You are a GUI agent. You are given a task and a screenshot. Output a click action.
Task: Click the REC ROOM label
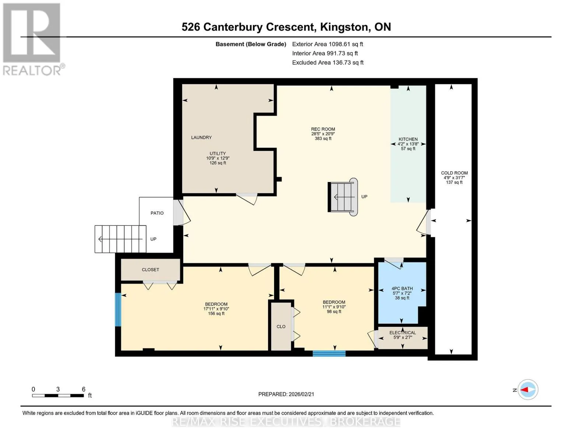tap(323, 129)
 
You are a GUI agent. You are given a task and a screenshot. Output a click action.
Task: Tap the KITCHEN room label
tap(408, 139)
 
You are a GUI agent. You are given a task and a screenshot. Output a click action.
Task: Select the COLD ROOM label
tap(455, 173)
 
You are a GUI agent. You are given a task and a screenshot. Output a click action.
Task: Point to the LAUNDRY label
tap(201, 137)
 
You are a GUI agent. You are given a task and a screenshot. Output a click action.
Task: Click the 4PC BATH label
tap(402, 288)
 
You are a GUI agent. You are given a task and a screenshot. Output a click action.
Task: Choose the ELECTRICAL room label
tap(403, 333)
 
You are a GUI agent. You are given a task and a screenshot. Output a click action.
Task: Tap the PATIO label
tap(157, 213)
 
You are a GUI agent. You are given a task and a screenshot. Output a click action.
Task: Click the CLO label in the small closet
tap(281, 327)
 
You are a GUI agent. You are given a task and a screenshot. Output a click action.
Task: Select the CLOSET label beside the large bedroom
tap(150, 270)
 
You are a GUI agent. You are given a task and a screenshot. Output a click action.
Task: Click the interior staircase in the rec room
tap(343, 197)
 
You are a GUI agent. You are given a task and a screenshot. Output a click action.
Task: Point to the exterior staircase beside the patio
tap(120, 239)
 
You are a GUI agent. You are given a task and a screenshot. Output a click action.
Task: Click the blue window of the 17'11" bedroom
tap(118, 310)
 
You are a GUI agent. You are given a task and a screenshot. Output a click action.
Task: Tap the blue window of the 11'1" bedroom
tap(329, 353)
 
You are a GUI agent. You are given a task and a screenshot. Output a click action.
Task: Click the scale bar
tap(58, 396)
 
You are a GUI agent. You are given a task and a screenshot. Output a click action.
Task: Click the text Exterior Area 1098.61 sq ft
tap(327, 44)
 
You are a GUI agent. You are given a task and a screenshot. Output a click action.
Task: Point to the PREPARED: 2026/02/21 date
tap(286, 394)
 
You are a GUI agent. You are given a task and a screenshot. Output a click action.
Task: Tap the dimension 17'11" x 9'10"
tap(216, 309)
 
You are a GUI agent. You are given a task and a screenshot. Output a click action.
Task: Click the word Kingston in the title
tap(344, 27)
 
